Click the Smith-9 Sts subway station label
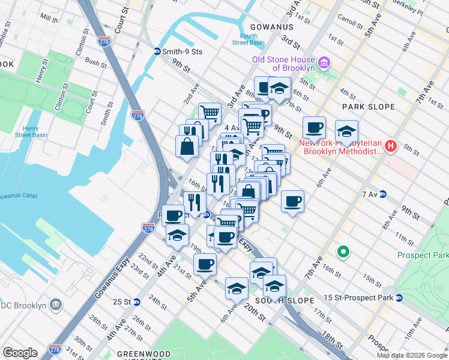[183, 52]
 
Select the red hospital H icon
[391, 146]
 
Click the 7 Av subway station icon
[382, 194]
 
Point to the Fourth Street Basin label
[248, 39]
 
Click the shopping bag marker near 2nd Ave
[187, 146]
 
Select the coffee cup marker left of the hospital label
[314, 127]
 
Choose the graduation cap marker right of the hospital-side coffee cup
[346, 131]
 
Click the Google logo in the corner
[20, 353]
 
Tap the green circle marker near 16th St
[343, 252]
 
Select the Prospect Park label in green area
[423, 255]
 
